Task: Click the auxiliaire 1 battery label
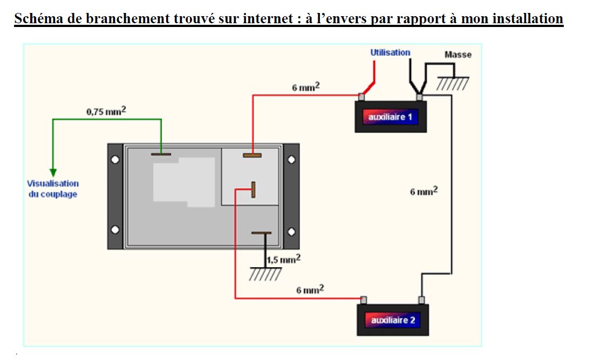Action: coord(390,117)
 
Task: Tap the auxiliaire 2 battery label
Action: coord(393,320)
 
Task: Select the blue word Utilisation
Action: coord(390,52)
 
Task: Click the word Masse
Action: coord(458,55)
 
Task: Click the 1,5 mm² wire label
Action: coord(283,259)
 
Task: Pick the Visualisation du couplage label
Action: coord(53,189)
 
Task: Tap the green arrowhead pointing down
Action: coord(53,172)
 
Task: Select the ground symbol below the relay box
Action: coord(265,274)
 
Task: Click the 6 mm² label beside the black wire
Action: coord(424,191)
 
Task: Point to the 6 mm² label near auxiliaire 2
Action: coord(310,290)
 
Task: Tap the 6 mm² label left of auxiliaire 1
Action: coord(306,87)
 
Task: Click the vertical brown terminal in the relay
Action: coord(252,189)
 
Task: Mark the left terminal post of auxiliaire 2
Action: coord(364,300)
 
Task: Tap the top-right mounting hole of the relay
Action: coord(291,160)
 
